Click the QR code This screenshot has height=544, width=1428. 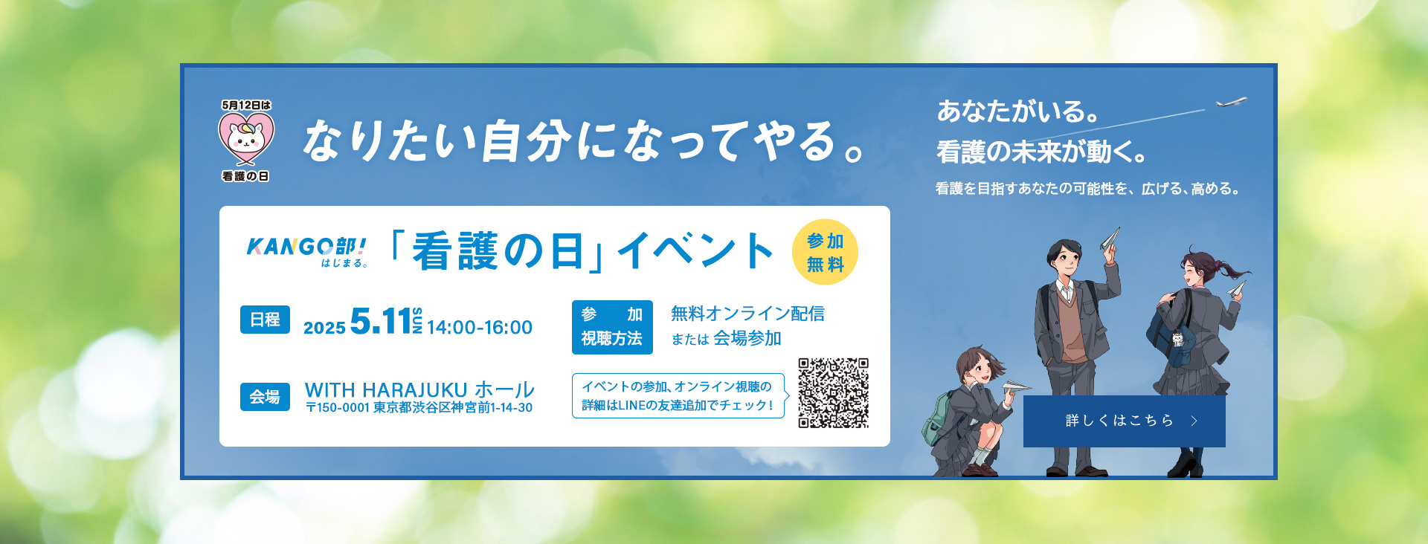click(833, 393)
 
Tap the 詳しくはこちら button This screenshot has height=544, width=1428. click(1124, 421)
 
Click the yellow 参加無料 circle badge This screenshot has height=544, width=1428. click(825, 253)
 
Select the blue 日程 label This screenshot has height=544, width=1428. click(265, 320)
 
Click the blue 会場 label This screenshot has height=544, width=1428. click(265, 397)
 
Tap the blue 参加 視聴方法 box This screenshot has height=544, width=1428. click(612, 327)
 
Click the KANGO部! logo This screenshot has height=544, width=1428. click(306, 252)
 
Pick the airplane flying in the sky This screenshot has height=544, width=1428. click(1232, 102)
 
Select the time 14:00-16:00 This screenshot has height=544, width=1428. click(480, 328)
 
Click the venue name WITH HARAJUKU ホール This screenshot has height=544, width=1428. click(419, 389)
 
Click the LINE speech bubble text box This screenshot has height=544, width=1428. click(678, 396)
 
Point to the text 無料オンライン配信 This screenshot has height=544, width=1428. click(747, 314)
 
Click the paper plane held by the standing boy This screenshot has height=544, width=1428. click(1110, 238)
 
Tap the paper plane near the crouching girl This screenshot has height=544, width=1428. click(1015, 386)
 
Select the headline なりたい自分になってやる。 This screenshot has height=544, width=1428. click(585, 140)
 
